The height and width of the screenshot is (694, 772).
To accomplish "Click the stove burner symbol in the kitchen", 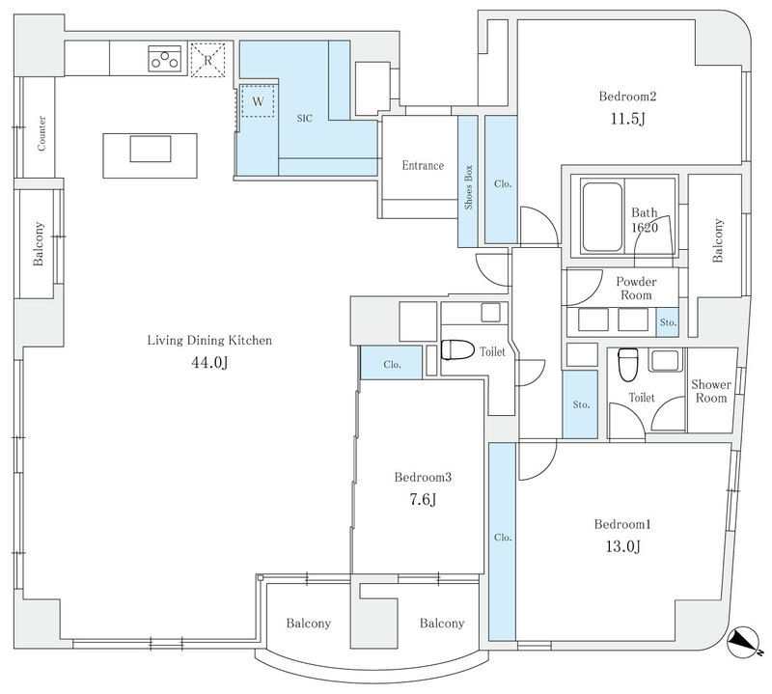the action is [165, 59].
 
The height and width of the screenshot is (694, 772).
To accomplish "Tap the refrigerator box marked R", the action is [208, 60].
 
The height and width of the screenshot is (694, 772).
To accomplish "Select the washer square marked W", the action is [258, 102].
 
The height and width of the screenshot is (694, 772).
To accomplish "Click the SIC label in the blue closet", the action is [305, 118].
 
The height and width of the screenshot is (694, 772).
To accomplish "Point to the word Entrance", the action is [423, 165].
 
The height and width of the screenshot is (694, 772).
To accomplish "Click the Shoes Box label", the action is [468, 187].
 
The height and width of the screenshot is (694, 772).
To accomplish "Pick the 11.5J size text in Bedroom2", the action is [628, 119].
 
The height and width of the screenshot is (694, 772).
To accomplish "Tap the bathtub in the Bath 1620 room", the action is [602, 217].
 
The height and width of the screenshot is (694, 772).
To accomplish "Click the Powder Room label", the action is [636, 289].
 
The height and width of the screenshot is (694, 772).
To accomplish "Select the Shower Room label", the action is [711, 391].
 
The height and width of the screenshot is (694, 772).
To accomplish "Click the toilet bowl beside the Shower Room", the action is [628, 365].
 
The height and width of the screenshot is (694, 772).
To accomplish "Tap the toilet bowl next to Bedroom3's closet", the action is [457, 349].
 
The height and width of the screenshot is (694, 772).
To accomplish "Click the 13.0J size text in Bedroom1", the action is [622, 546].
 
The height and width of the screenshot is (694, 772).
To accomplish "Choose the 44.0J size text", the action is [209, 363].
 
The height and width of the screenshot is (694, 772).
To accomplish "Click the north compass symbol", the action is [743, 642].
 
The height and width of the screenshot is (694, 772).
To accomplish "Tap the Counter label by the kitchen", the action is [41, 133].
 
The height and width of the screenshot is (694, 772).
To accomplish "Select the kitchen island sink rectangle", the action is [151, 149].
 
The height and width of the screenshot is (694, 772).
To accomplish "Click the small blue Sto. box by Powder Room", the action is [668, 322].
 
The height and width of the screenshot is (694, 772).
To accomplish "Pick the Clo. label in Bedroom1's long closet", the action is [503, 538].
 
